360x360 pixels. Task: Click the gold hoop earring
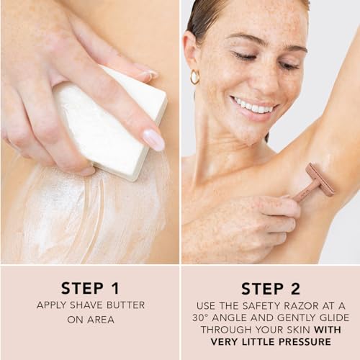[194, 76]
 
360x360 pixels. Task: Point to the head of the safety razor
[320, 179]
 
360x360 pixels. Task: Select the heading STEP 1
[90, 288]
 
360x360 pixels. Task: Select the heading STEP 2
[271, 289]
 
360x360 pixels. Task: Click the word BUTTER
[125, 305]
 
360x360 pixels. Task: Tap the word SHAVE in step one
[86, 305]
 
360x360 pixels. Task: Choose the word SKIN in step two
[299, 330]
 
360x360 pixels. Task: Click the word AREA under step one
[101, 320]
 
